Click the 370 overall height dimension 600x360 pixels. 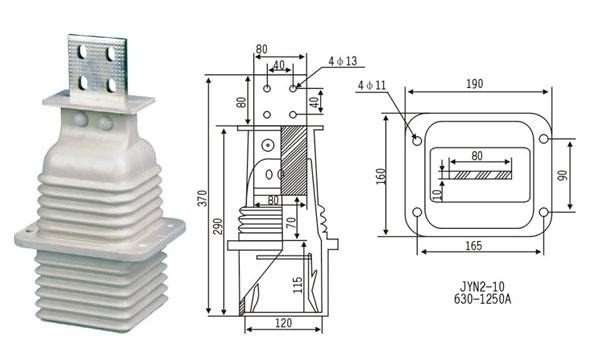click(x=203, y=199)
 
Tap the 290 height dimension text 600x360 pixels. click(x=218, y=226)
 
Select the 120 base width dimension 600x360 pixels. click(x=284, y=323)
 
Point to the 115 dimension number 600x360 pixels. click(x=298, y=285)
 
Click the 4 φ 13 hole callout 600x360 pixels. click(x=342, y=61)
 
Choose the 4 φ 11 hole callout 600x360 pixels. click(x=372, y=85)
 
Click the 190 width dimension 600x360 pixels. click(x=474, y=84)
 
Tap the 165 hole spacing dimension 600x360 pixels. click(x=474, y=246)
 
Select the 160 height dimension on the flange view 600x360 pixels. click(x=381, y=176)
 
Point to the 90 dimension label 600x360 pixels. click(x=562, y=176)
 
